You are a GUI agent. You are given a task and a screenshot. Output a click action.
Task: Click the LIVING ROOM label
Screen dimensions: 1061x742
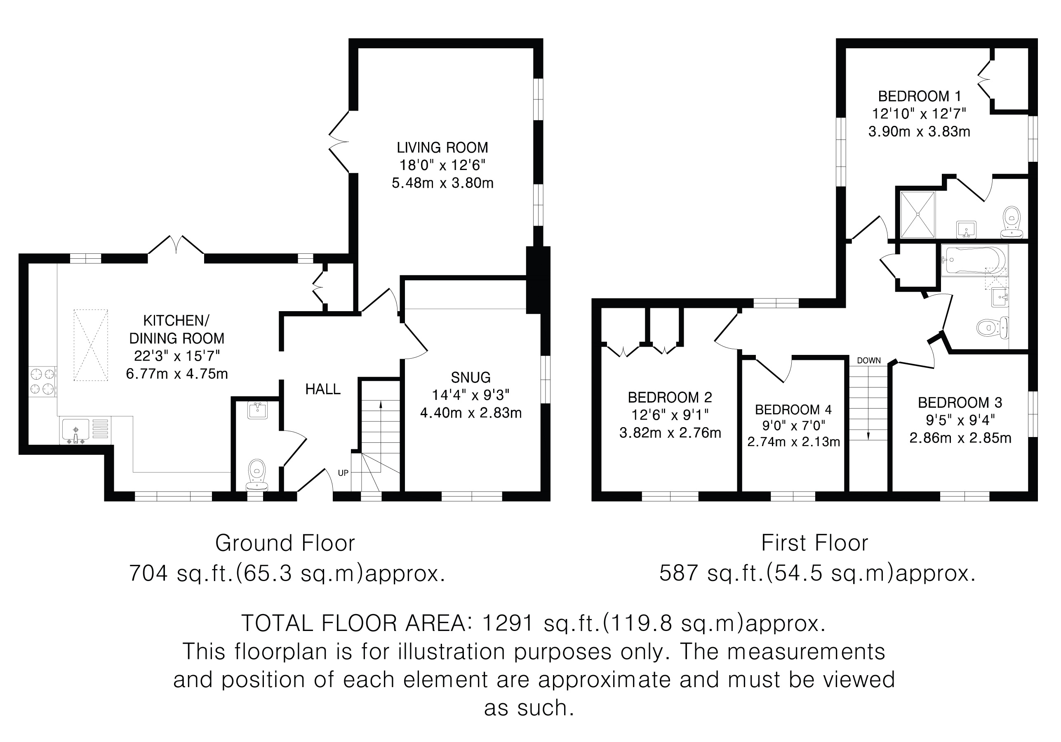point(442,148)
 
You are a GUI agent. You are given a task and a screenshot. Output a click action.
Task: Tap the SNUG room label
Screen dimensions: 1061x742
point(471,378)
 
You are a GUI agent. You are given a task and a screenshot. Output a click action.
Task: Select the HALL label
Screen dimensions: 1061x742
point(322,390)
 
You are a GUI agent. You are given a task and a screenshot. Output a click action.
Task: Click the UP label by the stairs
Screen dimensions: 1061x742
point(343,473)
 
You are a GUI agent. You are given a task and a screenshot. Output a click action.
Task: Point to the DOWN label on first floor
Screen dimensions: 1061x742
point(869,360)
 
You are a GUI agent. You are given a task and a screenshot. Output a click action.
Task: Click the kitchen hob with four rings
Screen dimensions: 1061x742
point(42,382)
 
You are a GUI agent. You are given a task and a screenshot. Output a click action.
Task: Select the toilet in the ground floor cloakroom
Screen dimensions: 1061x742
point(257,475)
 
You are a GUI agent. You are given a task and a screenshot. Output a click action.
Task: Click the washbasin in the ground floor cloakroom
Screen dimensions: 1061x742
point(257,410)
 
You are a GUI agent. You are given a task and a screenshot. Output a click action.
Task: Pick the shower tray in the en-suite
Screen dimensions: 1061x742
point(917,215)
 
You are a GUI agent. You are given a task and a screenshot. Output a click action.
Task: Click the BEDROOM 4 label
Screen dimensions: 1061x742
point(793,409)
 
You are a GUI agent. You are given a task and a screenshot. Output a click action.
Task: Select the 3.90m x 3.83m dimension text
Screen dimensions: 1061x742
point(919,132)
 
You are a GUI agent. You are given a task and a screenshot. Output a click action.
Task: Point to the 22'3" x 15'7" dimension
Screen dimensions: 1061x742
point(177,356)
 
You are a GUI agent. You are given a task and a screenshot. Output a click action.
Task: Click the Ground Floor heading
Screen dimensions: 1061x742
point(285,543)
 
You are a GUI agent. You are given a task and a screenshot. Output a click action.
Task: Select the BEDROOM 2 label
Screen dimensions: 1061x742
point(670,397)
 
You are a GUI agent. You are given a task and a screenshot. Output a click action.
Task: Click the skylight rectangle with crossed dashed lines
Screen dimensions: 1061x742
point(91,345)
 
